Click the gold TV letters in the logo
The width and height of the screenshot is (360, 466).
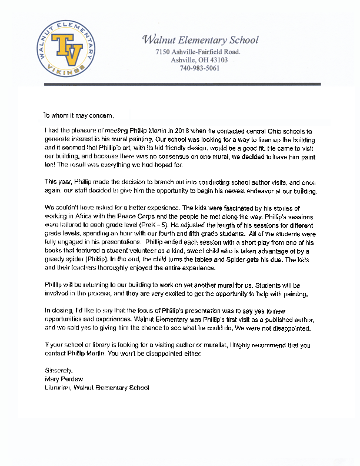click(x=66, y=49)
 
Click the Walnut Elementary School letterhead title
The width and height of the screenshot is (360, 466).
click(x=200, y=41)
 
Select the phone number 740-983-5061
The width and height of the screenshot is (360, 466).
click(x=199, y=68)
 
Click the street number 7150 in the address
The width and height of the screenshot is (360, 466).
click(x=164, y=52)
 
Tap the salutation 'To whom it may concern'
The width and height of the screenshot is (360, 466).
click(x=76, y=115)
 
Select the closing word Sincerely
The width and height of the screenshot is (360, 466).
click(x=58, y=371)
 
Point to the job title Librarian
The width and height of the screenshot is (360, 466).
click(x=58, y=388)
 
